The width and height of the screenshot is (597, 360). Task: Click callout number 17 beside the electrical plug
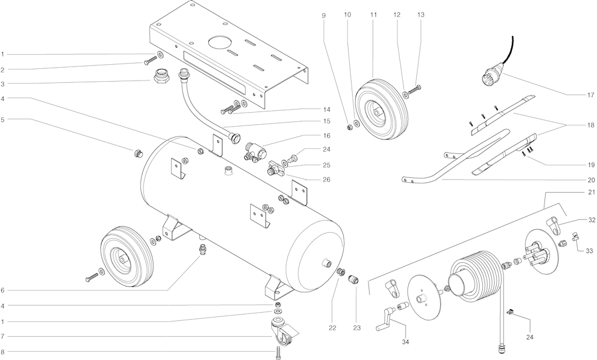click(590, 95)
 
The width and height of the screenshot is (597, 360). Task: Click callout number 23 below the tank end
click(357, 328)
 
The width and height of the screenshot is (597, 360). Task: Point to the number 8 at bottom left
click(3, 352)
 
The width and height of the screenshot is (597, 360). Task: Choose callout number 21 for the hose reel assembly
click(591, 193)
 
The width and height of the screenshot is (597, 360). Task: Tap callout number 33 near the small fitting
click(590, 250)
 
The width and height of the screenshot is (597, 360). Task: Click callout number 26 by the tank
click(326, 180)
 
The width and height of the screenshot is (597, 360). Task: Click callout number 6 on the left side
click(3, 291)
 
